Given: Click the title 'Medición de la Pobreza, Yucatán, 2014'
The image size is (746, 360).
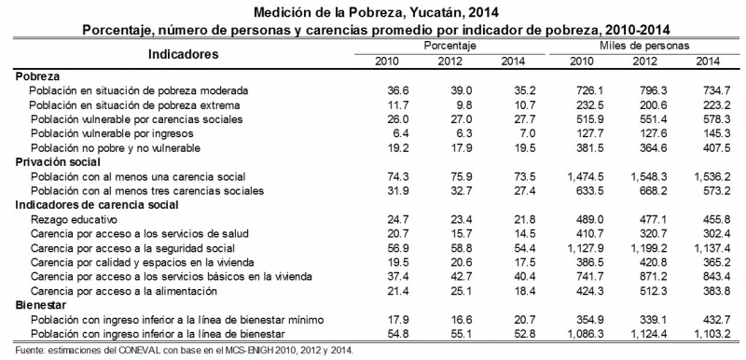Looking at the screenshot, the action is pos(372,11).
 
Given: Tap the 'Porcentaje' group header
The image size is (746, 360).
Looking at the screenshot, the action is pos(449,46).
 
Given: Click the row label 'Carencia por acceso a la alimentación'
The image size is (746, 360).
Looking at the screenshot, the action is pos(135,292).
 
